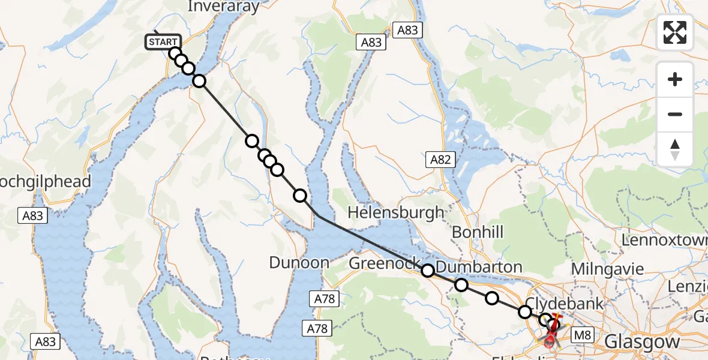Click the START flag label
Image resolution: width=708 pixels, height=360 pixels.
pos(163,42)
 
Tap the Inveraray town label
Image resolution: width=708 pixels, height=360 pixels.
pos(223,7)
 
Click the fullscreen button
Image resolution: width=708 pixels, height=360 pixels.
pos(675,32)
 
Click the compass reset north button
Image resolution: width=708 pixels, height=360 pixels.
pos(675,149)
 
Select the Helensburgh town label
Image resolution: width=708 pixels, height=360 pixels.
pos(396,212)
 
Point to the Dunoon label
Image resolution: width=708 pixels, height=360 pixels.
pos(299,262)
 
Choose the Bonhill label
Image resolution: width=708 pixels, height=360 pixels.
pos(478,232)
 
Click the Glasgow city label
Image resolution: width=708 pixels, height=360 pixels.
pos(642,342)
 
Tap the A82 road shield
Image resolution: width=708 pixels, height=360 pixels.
pos(440,159)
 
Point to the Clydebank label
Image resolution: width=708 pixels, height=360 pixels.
pos(565,303)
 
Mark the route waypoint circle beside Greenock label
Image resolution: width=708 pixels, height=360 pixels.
pos(428,271)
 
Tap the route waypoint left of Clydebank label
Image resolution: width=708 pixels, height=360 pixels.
pos(525,311)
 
